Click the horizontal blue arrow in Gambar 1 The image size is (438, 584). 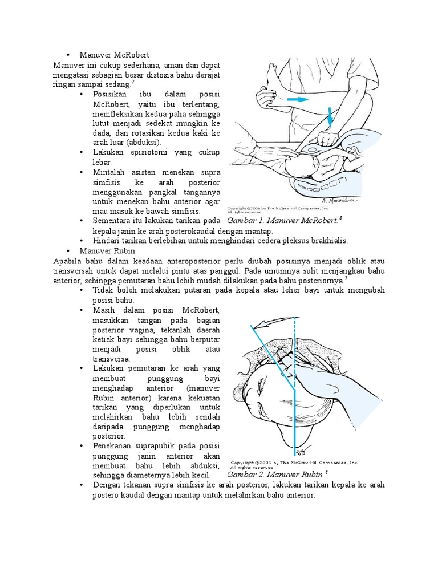click(x=299, y=99)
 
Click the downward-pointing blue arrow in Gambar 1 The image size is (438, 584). click(x=330, y=117)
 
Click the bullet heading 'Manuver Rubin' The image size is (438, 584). click(x=107, y=250)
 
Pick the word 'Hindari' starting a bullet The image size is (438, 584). click(x=107, y=241)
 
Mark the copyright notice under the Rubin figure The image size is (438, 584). click(x=294, y=464)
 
